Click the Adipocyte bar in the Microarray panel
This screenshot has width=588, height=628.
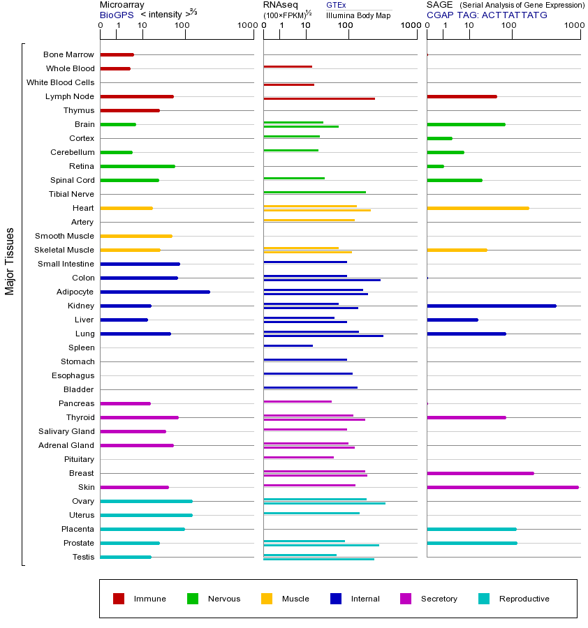pyautogui.click(x=155, y=292)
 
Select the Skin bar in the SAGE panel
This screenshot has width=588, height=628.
pyautogui.click(x=502, y=487)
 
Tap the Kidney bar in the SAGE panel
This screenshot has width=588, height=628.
pyautogui.click(x=491, y=306)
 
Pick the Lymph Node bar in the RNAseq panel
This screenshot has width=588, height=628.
pyautogui.click(x=319, y=98)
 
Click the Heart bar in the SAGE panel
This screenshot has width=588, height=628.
pyautogui.click(x=478, y=208)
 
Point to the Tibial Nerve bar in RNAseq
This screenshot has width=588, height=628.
pyautogui.click(x=314, y=192)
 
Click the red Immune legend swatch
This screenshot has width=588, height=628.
pyautogui.click(x=119, y=599)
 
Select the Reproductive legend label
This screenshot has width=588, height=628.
pyautogui.click(x=524, y=599)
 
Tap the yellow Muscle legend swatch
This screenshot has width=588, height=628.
pyautogui.click(x=267, y=599)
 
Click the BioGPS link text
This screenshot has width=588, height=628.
pyautogui.click(x=117, y=15)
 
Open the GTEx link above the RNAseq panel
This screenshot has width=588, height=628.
pyautogui.click(x=336, y=5)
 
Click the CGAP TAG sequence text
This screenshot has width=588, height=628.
pyautogui.click(x=487, y=15)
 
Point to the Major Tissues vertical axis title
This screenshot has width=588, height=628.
pyautogui.click(x=10, y=261)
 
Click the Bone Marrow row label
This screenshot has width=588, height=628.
pyautogui.click(x=68, y=54)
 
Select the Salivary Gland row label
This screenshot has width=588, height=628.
pyautogui.click(x=66, y=431)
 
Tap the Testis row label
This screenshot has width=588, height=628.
pyautogui.click(x=83, y=557)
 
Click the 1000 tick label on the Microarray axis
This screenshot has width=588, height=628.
pyautogui.click(x=246, y=26)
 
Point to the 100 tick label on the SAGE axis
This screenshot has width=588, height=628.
pyautogui.click(x=509, y=26)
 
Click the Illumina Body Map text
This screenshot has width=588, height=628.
pyautogui.click(x=358, y=15)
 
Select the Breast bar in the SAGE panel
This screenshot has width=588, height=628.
pyautogui.click(x=480, y=473)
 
